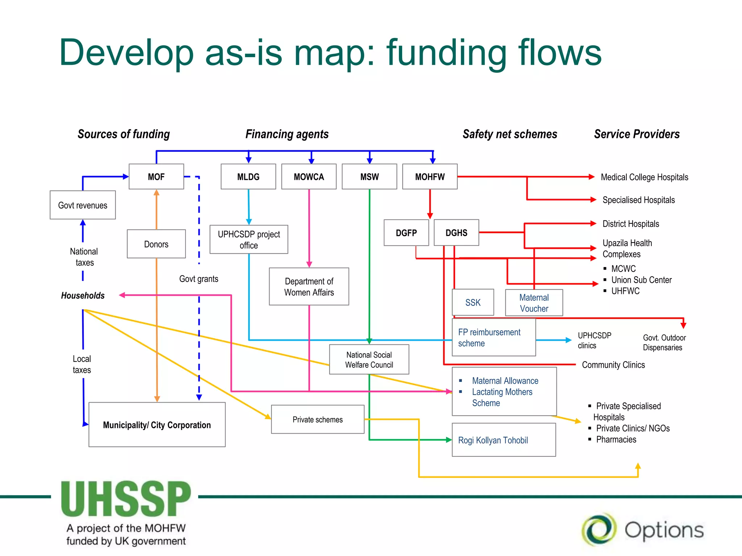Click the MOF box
156,177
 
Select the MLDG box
248,177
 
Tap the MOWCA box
309,177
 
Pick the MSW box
369,177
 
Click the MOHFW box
430,177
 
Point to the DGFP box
406,233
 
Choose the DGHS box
456,233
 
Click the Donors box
156,244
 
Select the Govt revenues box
83,205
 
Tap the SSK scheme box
473,302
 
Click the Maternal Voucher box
534,303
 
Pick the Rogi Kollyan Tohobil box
504,440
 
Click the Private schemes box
317,420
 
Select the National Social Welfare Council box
369,359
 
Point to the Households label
83,295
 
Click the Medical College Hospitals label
644,177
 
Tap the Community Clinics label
613,365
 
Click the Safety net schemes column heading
510,134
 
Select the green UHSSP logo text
126,499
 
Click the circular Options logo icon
599,530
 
